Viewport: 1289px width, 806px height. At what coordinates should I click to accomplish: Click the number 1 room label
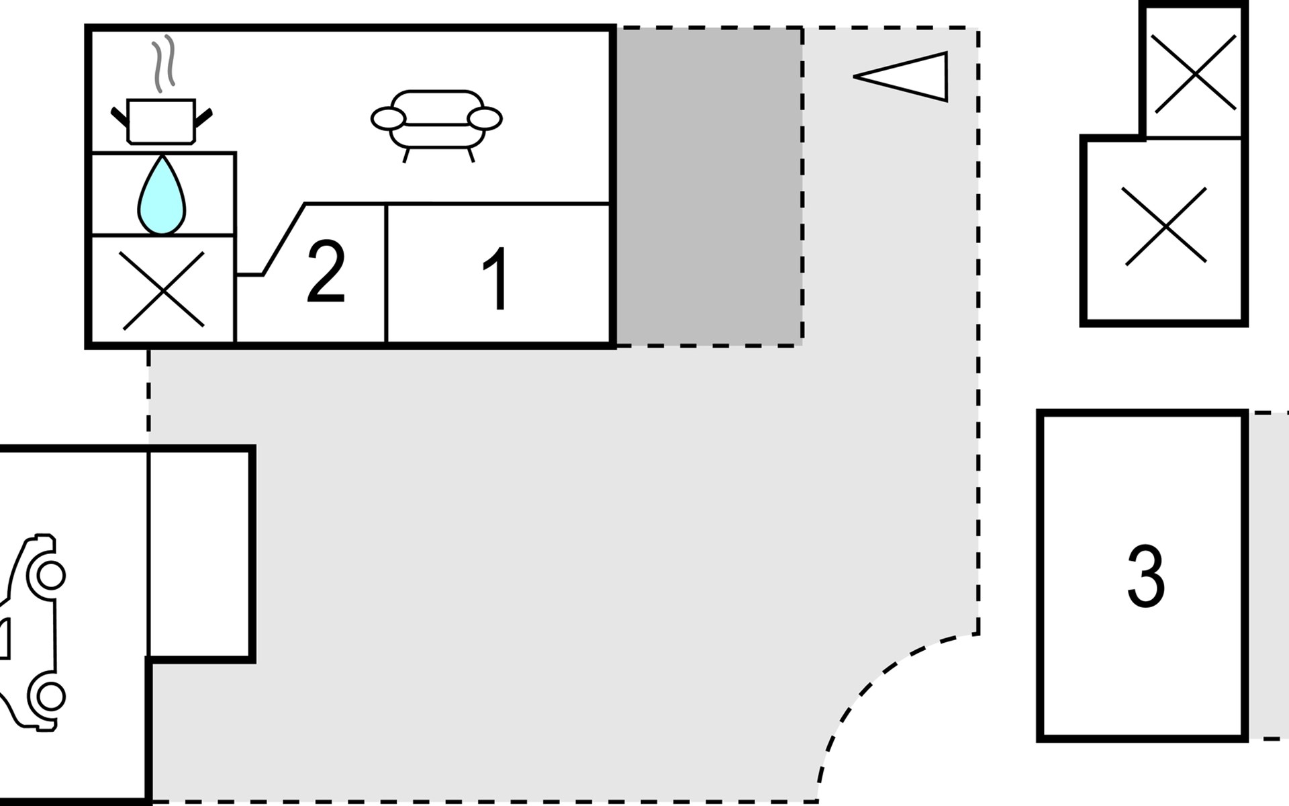coord(497,279)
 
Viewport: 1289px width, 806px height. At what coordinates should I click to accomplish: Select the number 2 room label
coord(326,271)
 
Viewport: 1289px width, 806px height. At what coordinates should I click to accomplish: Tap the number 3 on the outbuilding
coord(1145,576)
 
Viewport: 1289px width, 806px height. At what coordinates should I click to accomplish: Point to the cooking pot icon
coord(161,122)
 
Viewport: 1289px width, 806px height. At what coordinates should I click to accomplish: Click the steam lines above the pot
coord(164,64)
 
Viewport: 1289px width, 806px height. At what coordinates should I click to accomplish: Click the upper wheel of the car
coord(50,576)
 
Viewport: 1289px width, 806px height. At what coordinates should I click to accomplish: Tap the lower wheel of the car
coord(50,697)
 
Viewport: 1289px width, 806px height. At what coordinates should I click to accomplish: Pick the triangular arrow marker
coord(901,77)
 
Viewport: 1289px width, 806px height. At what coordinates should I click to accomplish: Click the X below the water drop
coord(163,290)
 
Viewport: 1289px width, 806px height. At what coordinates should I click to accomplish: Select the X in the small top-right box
coord(1195,73)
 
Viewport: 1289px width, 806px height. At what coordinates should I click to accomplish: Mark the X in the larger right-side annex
coord(1164,226)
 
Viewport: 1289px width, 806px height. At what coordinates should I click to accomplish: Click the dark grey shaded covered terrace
coord(709,187)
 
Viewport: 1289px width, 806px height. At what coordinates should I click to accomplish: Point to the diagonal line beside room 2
coord(284,239)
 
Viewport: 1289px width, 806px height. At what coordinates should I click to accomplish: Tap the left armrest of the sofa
coord(388,119)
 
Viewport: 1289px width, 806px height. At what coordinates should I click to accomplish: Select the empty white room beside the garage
coord(199,553)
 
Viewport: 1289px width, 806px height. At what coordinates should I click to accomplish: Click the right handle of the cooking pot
coord(203,118)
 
